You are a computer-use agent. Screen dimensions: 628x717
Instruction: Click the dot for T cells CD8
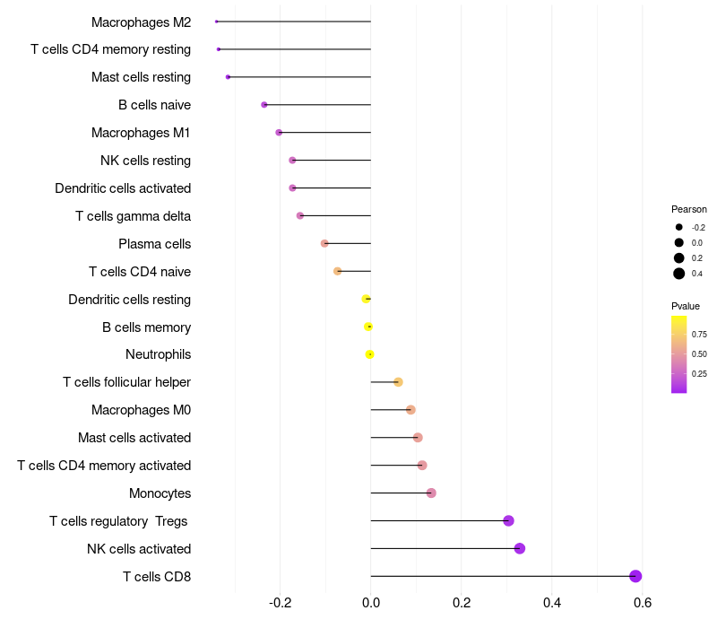tap(635, 576)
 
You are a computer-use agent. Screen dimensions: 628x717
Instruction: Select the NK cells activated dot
tap(520, 548)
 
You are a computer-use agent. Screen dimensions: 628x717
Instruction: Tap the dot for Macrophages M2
tap(217, 22)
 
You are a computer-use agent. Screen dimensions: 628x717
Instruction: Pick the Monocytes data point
tap(431, 493)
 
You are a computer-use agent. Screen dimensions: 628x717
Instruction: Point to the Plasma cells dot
tap(324, 243)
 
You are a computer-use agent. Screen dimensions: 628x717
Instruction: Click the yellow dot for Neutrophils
tap(369, 354)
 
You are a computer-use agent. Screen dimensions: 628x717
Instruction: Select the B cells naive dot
tap(264, 105)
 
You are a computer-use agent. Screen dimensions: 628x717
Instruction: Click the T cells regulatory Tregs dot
tap(508, 520)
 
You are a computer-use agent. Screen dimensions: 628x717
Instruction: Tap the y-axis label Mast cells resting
tap(141, 77)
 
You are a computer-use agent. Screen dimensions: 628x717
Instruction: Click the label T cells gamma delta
tap(134, 216)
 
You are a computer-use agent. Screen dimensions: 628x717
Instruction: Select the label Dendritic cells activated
tap(123, 188)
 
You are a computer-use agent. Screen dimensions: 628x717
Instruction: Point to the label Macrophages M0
tap(141, 410)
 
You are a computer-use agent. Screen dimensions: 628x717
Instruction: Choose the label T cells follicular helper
tap(126, 382)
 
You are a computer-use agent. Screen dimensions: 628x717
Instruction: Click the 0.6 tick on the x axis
tap(642, 602)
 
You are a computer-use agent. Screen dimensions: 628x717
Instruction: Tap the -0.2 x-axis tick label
tap(280, 602)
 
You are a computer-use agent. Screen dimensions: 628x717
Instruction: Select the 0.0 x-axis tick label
tap(371, 602)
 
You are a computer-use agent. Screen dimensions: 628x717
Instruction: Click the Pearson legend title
tap(689, 209)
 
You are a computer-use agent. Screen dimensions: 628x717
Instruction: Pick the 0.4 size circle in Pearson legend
tap(679, 274)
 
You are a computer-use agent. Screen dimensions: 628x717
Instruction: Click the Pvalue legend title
tap(686, 306)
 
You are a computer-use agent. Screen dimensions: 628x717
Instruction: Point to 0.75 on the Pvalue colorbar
tap(699, 334)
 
